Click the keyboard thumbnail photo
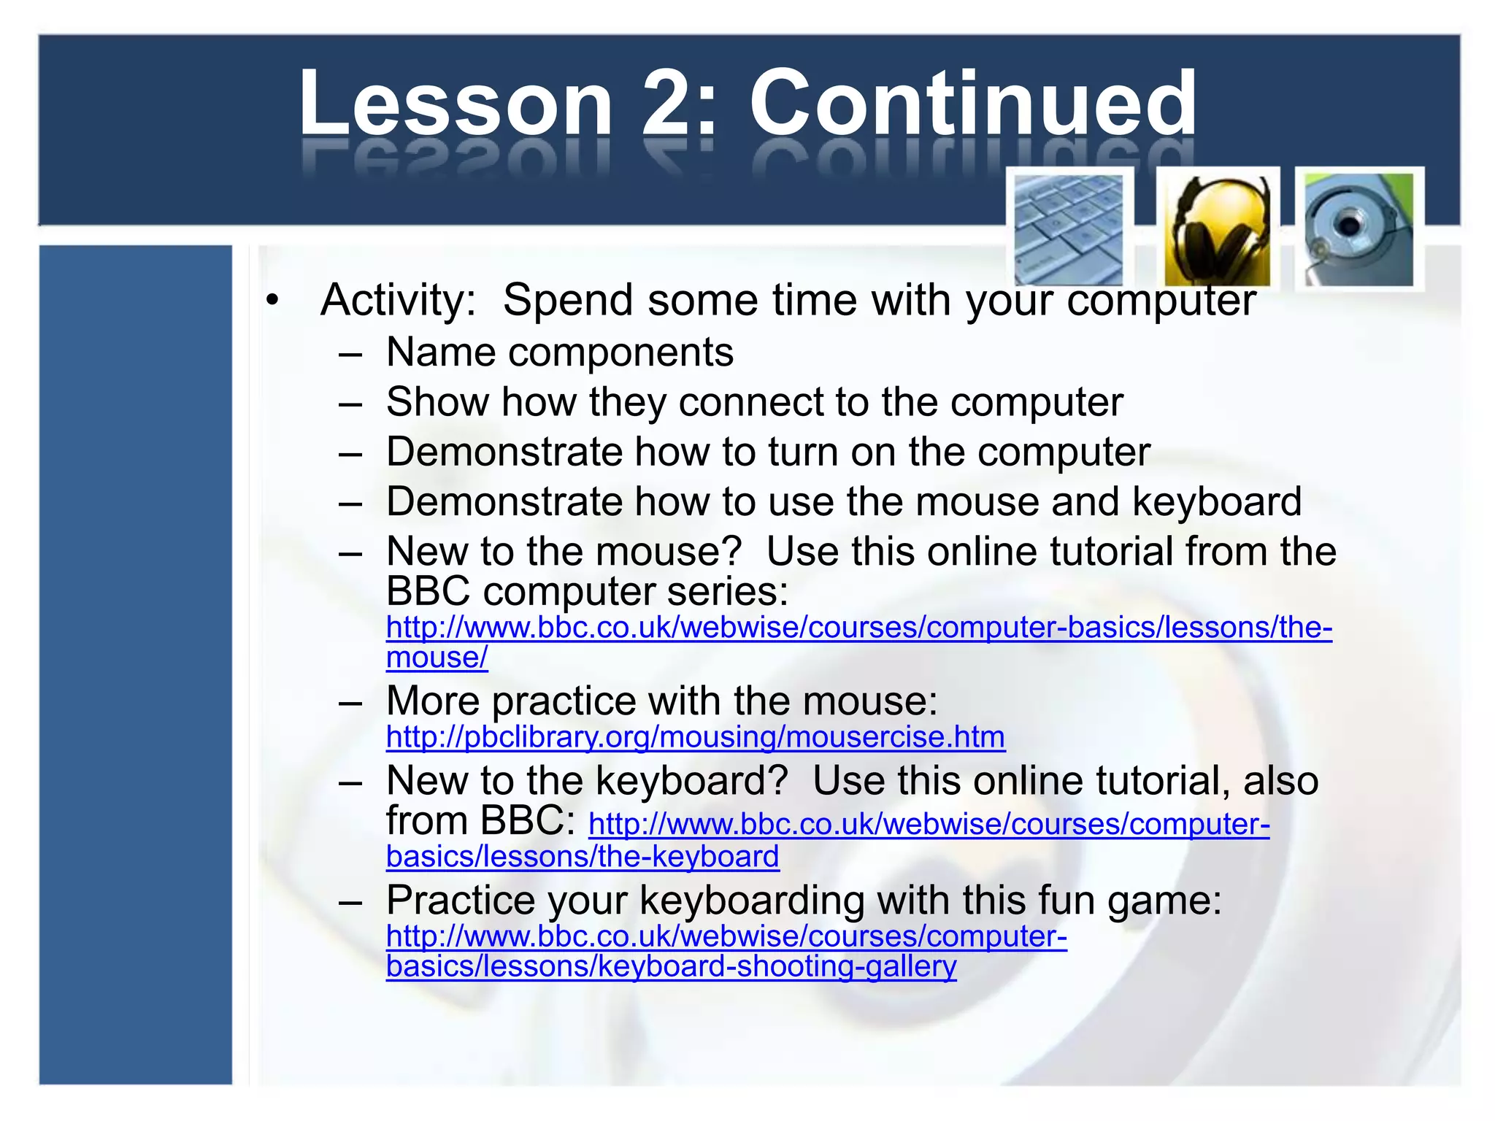[x=1069, y=229]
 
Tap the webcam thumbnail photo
[x=1359, y=229]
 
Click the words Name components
[x=559, y=353]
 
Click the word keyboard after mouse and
[x=1217, y=502]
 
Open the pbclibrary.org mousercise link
[x=695, y=737]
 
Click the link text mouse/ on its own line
[x=437, y=658]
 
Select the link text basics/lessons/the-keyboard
[x=582, y=857]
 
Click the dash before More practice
[x=350, y=702]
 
